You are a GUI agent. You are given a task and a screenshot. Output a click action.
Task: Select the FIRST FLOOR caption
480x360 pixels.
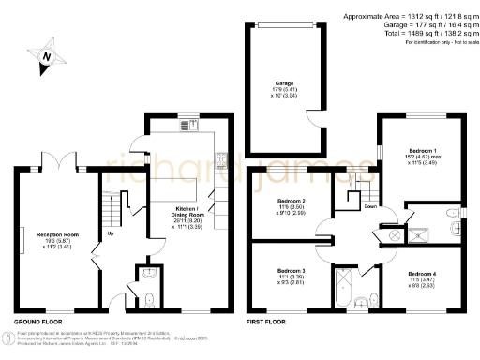tap(266, 322)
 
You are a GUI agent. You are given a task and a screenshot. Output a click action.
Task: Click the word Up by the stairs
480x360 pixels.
tap(111, 234)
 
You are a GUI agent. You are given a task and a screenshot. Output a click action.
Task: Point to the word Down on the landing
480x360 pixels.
tap(371, 207)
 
